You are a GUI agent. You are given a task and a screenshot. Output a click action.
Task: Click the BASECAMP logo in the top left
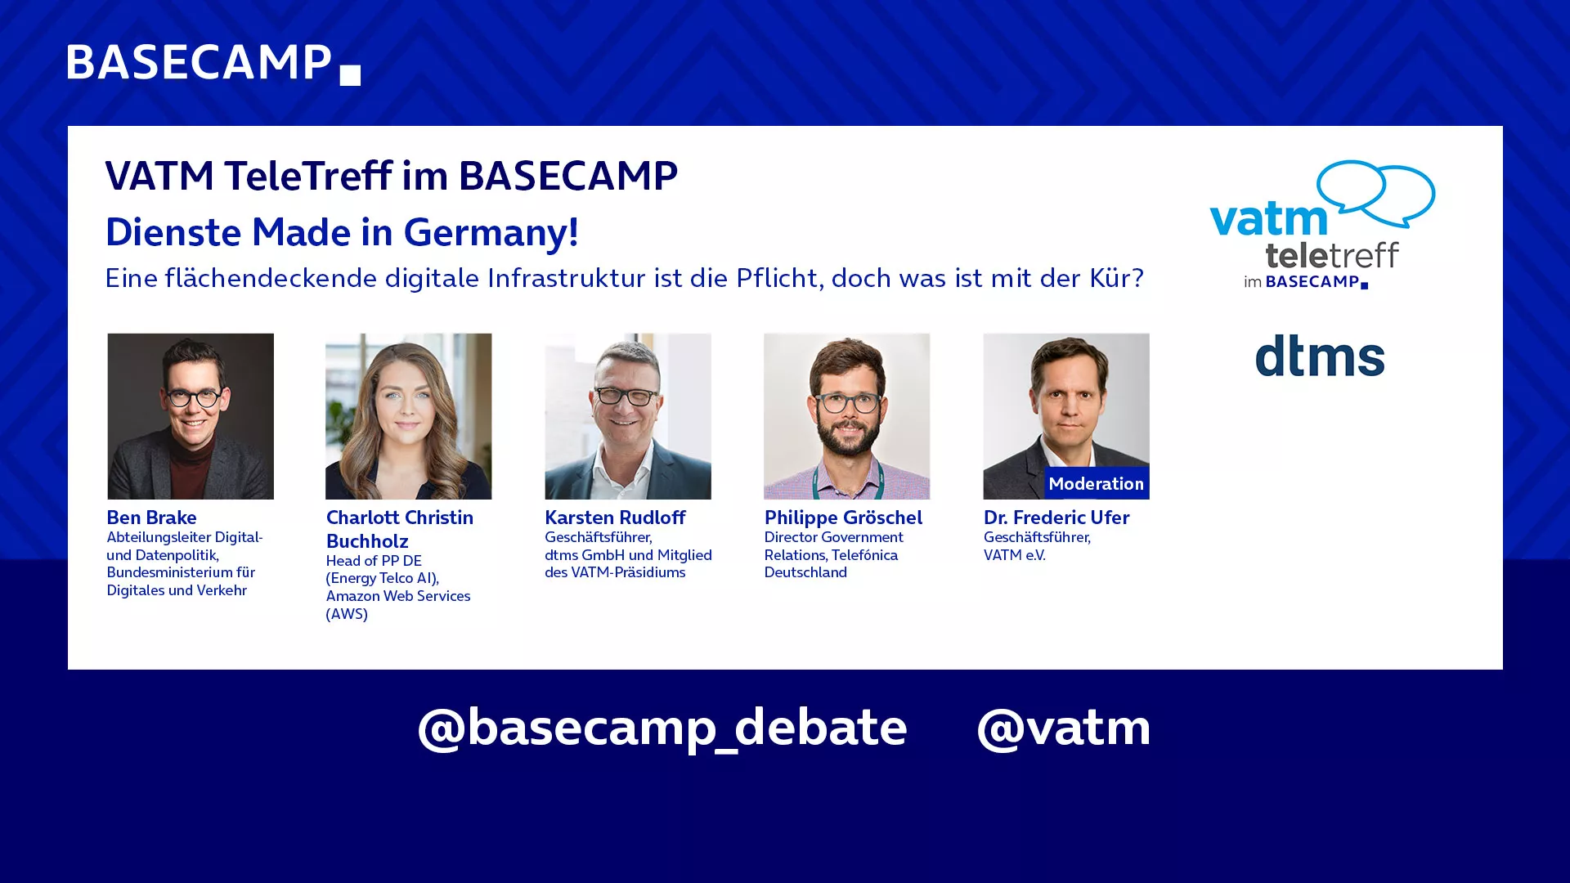[213, 64]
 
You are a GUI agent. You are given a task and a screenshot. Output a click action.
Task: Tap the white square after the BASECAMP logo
[350, 75]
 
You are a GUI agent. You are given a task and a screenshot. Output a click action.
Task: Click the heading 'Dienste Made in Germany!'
[342, 233]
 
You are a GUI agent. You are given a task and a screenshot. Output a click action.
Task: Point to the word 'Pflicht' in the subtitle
[777, 278]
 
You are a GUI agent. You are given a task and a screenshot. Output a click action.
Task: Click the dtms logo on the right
[1320, 356]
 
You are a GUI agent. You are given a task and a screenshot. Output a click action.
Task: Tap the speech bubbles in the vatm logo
[1376, 193]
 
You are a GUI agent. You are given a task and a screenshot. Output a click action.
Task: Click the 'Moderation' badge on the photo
[1096, 483]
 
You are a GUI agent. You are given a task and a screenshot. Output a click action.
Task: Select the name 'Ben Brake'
[151, 518]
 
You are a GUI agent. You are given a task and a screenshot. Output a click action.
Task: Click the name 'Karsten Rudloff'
[615, 518]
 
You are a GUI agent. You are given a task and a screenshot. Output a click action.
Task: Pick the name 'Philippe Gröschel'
[843, 518]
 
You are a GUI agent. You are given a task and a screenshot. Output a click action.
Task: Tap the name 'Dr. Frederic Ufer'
[1056, 518]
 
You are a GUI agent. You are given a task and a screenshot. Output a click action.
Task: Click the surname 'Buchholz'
[367, 541]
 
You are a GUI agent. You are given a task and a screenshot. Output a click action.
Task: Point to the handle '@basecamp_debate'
[662, 728]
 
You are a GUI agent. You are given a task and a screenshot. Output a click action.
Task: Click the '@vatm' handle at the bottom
[1063, 728]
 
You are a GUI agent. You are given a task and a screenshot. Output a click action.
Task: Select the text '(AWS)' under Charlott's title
[347, 614]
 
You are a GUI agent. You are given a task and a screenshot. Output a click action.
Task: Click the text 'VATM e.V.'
[1014, 555]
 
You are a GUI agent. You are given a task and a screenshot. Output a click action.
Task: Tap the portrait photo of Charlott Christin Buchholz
[409, 416]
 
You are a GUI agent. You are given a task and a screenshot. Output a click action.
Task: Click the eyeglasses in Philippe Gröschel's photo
[847, 403]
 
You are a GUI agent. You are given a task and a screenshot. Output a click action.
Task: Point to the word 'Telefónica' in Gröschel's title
[864, 555]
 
